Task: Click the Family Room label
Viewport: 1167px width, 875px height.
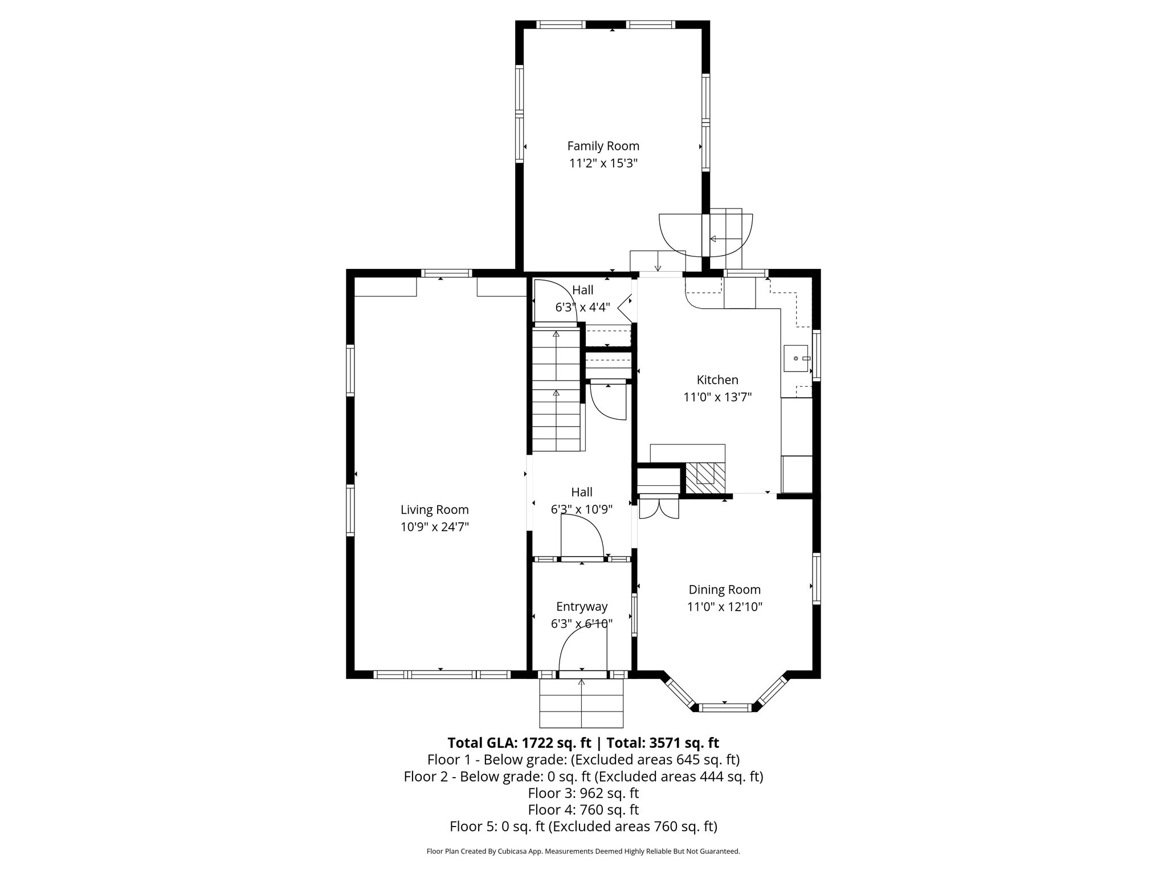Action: click(x=603, y=146)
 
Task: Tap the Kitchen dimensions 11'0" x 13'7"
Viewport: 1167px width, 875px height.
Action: click(x=717, y=397)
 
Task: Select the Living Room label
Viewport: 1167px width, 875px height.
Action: click(x=434, y=510)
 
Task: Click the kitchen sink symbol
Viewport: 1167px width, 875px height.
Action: click(x=796, y=358)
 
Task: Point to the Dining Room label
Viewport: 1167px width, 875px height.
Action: click(x=724, y=590)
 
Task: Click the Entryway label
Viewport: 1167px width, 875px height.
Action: click(x=582, y=607)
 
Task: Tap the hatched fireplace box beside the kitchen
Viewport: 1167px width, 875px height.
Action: click(x=705, y=478)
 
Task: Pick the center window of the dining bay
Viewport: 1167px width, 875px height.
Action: click(x=725, y=708)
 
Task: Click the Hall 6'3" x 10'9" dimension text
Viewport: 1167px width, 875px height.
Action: click(x=582, y=509)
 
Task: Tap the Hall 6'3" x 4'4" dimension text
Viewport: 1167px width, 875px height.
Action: click(x=582, y=307)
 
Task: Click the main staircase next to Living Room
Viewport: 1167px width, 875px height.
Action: click(x=556, y=393)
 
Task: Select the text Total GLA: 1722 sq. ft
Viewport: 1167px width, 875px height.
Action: click(x=519, y=743)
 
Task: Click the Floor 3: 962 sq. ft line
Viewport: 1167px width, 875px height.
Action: click(x=583, y=793)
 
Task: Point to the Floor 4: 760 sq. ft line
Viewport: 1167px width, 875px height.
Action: click(x=583, y=809)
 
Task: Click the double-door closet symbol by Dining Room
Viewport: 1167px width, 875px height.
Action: click(x=659, y=508)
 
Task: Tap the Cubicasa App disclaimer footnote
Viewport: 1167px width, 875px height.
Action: click(x=583, y=851)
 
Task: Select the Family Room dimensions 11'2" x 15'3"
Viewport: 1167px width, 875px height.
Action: click(x=603, y=163)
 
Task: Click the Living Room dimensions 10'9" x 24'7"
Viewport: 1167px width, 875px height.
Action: click(x=434, y=527)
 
